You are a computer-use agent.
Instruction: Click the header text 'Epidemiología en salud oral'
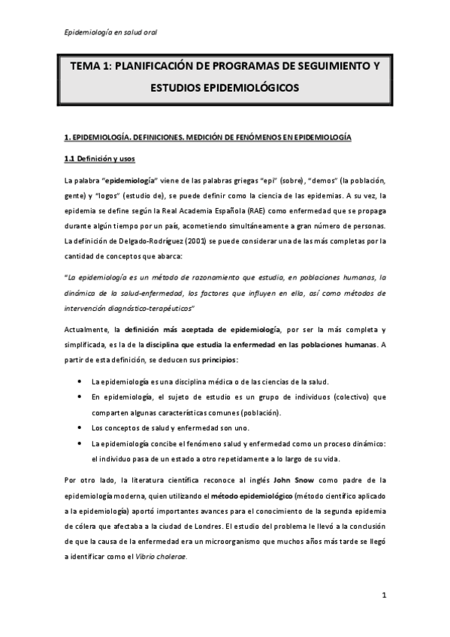click(111, 32)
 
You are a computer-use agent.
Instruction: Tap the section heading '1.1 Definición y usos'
click(98, 159)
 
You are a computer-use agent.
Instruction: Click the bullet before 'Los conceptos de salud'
click(80, 428)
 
